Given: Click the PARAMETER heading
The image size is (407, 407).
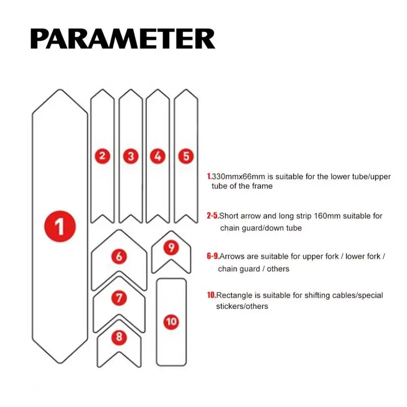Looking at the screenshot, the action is (123, 39).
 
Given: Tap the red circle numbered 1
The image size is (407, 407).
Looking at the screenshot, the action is (60, 226).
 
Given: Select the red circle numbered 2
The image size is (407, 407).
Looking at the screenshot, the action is (103, 156).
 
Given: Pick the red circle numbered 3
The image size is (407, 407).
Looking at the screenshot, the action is (131, 156).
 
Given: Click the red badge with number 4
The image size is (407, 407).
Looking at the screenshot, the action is (158, 156).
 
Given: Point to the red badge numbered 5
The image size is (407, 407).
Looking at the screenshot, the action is (186, 156).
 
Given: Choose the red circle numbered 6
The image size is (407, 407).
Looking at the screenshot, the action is (119, 256).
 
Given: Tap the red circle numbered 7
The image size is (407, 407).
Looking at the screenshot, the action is (119, 298).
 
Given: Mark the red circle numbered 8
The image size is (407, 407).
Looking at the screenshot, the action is (119, 337).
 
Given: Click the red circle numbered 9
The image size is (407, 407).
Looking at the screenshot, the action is (171, 248).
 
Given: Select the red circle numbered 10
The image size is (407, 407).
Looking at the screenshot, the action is (171, 322).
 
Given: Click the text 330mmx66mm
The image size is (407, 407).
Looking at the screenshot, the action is (239, 177).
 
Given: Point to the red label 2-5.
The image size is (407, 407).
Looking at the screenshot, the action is (213, 216).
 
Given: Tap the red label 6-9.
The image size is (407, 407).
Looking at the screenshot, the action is (213, 256).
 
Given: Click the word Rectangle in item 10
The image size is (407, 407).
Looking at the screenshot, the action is (235, 296).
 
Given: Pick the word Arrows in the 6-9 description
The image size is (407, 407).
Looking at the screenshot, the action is (232, 256).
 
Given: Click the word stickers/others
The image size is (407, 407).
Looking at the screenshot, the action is (242, 306).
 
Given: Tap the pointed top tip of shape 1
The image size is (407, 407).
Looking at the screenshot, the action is (60, 90).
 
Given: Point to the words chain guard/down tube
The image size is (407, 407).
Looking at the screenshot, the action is (261, 228).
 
